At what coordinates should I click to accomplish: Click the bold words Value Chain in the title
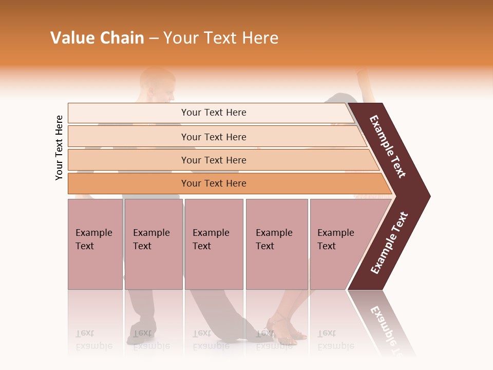pos(97,38)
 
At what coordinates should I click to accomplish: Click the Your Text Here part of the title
pos(221,38)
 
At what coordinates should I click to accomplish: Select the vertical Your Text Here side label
pos(59,147)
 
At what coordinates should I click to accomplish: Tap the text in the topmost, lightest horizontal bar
pos(214,113)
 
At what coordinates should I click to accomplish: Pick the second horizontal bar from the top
pos(214,137)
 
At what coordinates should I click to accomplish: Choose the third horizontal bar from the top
pos(214,160)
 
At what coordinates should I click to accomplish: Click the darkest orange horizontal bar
pos(214,183)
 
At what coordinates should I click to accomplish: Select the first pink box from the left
pos(95,244)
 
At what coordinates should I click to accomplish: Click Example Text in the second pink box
pos(151,239)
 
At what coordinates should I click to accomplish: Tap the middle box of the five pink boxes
pos(214,244)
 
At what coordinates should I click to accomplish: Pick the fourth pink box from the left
pos(276,244)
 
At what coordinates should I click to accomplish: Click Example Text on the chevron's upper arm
pos(388,146)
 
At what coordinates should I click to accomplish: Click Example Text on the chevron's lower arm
pos(389,243)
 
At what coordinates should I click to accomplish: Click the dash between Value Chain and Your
pos(154,39)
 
